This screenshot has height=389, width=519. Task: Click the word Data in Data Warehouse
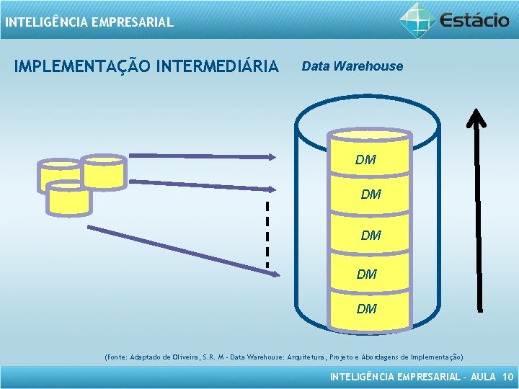click(x=315, y=66)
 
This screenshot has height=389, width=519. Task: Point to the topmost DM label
click(x=365, y=160)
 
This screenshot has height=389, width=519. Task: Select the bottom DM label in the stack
click(x=366, y=309)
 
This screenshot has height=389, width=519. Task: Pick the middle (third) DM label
click(x=371, y=236)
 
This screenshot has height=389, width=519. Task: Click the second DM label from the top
click(x=371, y=194)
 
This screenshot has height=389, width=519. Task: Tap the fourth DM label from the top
click(x=366, y=274)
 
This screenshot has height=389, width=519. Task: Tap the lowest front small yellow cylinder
click(x=68, y=198)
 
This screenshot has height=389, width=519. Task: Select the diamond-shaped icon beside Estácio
click(x=418, y=19)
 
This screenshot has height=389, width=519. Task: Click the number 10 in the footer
click(x=507, y=377)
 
